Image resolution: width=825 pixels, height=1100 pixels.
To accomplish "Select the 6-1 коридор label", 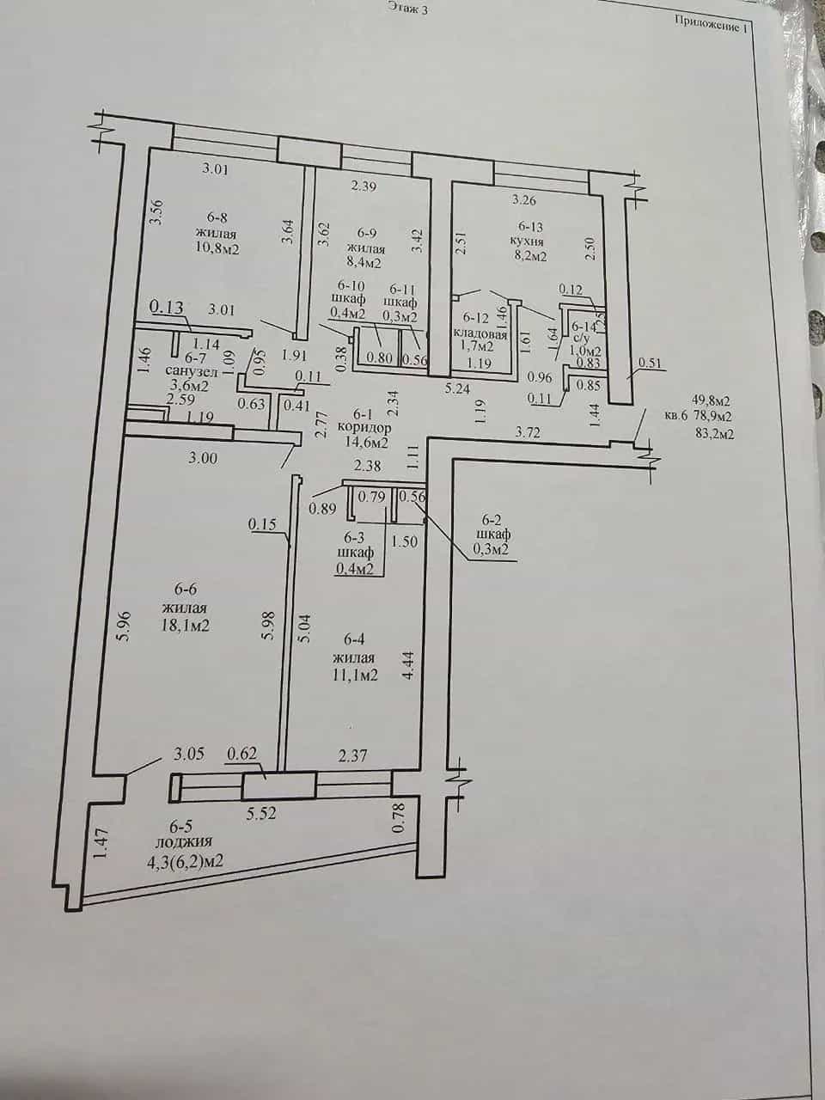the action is pos(364,421).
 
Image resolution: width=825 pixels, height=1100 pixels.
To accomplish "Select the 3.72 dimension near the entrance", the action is pos(529,432).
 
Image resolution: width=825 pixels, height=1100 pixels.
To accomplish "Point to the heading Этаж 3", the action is pos(408,8).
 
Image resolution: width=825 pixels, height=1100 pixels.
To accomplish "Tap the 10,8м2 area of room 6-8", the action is pos(217,248).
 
